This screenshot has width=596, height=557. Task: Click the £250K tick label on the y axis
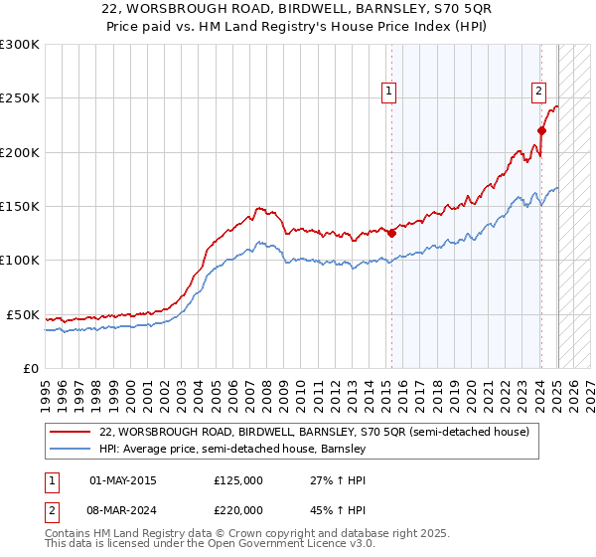pos(20,98)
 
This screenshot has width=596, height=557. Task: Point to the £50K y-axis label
pos(23,314)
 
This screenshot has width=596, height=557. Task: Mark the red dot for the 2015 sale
pos(391,234)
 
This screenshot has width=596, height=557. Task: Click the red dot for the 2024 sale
pos(541,130)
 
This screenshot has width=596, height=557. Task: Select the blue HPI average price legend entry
pos(232,449)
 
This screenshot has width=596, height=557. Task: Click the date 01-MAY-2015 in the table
pos(122,480)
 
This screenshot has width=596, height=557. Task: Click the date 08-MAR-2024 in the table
pos(122,511)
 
